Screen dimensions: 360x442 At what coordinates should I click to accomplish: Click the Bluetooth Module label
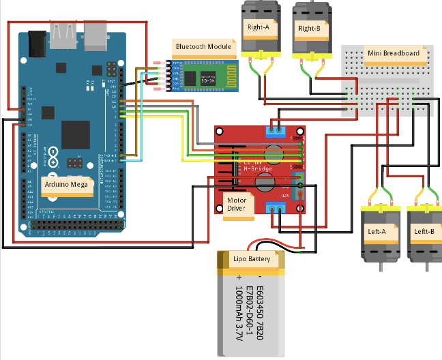pyautogui.click(x=203, y=47)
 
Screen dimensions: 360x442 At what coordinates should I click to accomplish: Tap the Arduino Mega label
pyautogui.click(x=67, y=185)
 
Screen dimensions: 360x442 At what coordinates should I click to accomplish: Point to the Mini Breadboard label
pyautogui.click(x=392, y=54)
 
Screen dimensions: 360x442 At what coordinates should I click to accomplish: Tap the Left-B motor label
pyautogui.click(x=424, y=232)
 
